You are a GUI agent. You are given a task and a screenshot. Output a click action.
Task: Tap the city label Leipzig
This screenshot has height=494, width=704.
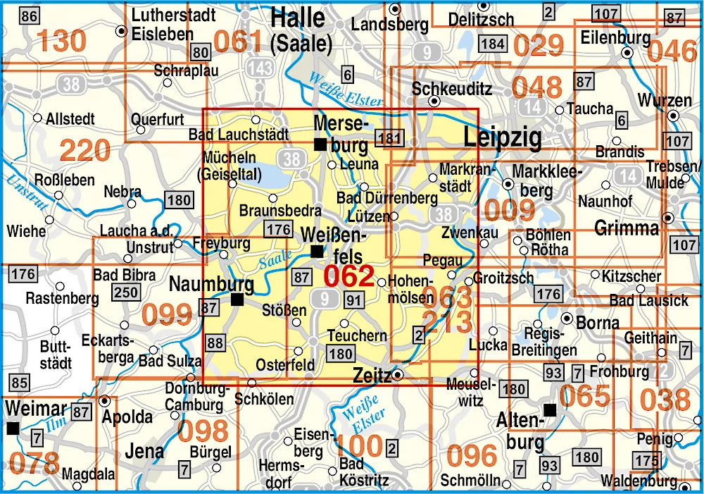(x=502, y=137)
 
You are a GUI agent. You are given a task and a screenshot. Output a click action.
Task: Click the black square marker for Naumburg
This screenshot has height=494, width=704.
(x=237, y=300)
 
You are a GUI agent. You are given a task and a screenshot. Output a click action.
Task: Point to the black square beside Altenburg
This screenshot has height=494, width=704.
(x=549, y=409)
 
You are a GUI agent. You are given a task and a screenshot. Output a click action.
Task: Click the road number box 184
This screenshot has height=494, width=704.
(x=492, y=44)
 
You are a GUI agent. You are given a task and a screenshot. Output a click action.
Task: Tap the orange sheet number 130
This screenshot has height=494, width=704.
(x=62, y=42)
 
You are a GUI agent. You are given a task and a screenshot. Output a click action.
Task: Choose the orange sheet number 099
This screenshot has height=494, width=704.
(x=166, y=314)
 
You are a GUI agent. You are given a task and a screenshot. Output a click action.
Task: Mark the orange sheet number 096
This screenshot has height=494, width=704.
(x=472, y=456)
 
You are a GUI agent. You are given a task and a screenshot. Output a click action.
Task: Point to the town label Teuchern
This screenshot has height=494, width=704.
(x=358, y=335)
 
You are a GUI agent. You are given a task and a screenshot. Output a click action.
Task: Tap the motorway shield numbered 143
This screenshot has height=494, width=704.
(x=260, y=68)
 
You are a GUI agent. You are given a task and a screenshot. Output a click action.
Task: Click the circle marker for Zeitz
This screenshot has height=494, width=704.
(x=398, y=374)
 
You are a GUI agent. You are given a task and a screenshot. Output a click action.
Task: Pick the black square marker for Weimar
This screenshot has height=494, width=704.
(x=12, y=428)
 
